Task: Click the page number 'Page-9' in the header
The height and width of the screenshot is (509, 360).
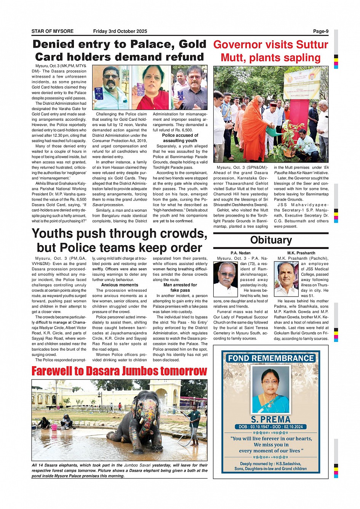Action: [320, 31]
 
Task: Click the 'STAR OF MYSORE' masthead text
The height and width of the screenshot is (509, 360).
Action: [53, 31]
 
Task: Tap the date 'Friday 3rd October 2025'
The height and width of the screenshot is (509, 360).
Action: [120, 31]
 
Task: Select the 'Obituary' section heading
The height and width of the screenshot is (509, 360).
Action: [271, 240]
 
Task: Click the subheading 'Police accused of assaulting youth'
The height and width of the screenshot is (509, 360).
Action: [180, 138]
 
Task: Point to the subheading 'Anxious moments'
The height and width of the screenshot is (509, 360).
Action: [120, 285]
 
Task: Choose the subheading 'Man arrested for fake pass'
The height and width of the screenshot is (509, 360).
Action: [180, 287]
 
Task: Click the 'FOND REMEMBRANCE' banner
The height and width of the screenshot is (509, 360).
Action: [270, 358]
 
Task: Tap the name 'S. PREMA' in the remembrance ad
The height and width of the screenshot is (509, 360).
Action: [270, 420]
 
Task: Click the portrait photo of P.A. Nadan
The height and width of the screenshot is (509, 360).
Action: [225, 279]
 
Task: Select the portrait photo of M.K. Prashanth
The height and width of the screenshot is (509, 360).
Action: [286, 279]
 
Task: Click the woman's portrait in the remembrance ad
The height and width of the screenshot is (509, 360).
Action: [270, 390]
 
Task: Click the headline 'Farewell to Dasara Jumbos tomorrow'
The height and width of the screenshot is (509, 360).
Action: [119, 371]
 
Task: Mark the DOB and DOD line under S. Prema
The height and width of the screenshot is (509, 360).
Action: [270, 427]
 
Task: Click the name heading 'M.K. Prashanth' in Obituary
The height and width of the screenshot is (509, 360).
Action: [301, 253]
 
